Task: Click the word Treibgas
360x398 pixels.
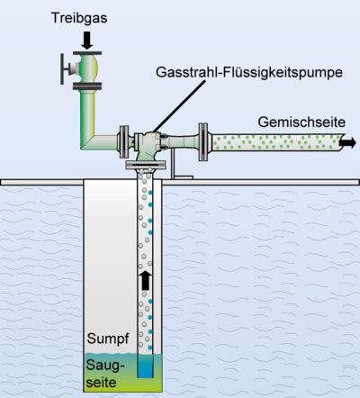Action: [79, 18]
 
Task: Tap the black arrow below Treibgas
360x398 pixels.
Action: [87, 41]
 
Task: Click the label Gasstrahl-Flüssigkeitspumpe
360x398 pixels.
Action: [249, 73]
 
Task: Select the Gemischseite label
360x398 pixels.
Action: [301, 122]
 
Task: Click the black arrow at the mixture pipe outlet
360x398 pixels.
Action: [347, 143]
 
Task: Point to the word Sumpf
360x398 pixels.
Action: [108, 339]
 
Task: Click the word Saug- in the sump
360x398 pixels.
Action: [105, 366]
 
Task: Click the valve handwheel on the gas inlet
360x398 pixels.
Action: [62, 69]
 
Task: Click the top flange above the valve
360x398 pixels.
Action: [87, 53]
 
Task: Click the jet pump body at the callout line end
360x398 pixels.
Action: [148, 142]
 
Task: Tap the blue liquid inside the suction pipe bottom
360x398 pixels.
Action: [145, 366]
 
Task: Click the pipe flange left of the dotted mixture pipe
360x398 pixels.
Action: [203, 141]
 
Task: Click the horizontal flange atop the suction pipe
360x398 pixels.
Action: [146, 165]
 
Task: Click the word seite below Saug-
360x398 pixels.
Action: [101, 383]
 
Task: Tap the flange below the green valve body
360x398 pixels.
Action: [87, 86]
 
